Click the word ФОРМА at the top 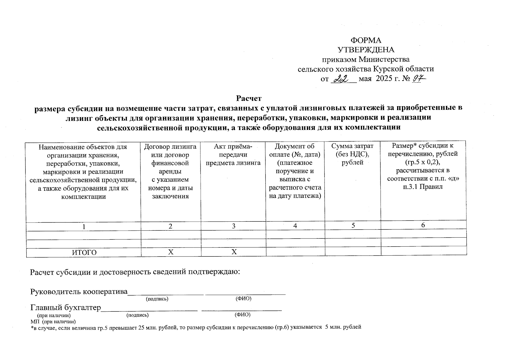pos(366,40)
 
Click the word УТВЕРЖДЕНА pos(366,50)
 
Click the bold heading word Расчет pos(249,98)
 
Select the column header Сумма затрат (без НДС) pos(352,154)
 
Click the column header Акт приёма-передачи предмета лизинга pos(233,154)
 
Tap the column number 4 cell pos(295,226)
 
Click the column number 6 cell pos(423,225)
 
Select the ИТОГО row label pos(85,253)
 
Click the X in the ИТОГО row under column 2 pos(171,252)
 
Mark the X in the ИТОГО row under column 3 pos(234,252)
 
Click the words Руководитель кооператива pos(79,292)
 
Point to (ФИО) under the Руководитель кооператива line pos(243,299)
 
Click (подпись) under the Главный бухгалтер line pos(138,315)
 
